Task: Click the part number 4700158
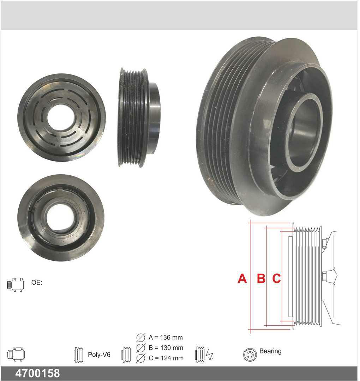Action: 37,373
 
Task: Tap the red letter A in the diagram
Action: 242,278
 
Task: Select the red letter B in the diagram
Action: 261,278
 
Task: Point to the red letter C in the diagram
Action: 276,278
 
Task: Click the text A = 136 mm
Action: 166,338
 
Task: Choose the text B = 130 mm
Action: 166,348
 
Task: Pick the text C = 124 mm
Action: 166,358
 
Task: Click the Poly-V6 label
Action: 99,355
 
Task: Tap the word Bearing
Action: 270,351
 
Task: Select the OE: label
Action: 37,282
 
